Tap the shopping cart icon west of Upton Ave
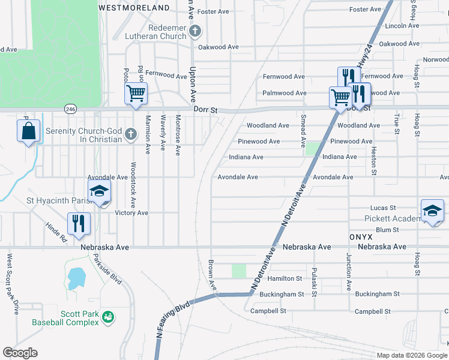click(x=136, y=94)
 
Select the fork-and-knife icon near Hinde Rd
click(x=79, y=223)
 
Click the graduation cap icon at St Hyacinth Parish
click(x=99, y=192)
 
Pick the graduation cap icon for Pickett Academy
click(x=432, y=210)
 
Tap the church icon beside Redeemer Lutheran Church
click(x=194, y=31)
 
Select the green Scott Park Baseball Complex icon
click(x=108, y=317)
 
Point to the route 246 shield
click(x=71, y=109)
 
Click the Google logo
click(x=20, y=353)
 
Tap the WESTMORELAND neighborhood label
click(x=134, y=8)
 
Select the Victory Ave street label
click(x=131, y=213)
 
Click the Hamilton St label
click(x=285, y=278)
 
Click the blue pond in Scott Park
click(x=76, y=278)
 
